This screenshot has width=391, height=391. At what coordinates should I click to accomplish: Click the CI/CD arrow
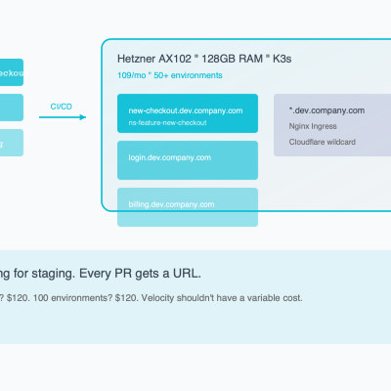[x=63, y=118]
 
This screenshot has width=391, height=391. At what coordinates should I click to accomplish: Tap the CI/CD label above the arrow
[x=61, y=106]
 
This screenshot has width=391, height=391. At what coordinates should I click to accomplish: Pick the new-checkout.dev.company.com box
[x=187, y=113]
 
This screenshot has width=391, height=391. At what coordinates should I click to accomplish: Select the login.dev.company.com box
[x=187, y=159]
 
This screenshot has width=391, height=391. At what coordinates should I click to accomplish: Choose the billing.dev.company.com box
[x=187, y=206]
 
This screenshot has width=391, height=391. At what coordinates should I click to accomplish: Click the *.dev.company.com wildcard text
[x=326, y=110]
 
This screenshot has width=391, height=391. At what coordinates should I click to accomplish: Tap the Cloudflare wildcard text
[x=322, y=142]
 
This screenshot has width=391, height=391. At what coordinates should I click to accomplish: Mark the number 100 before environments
[x=40, y=297]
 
